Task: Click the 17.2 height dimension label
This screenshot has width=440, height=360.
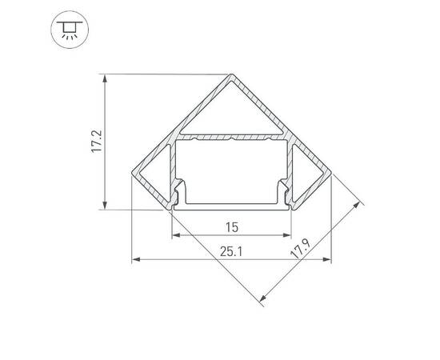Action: coord(95,142)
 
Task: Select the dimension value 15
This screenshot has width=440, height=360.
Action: coord(231,227)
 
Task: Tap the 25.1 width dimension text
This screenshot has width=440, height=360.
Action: coord(231,251)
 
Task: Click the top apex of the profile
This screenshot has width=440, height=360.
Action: coord(232,76)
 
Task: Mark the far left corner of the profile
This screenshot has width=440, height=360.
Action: coord(132,171)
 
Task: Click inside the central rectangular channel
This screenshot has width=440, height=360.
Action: coord(231,172)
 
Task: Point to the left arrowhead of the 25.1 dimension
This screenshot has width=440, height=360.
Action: coord(135,259)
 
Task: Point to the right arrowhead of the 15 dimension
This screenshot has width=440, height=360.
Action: coord(287,235)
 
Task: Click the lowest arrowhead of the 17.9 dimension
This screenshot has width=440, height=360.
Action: coord(262,302)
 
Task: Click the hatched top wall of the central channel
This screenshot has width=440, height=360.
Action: coord(231,139)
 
